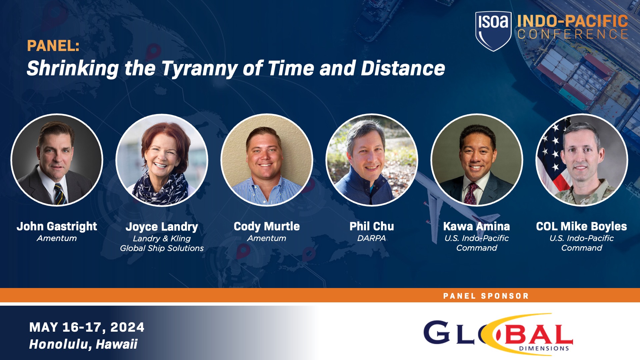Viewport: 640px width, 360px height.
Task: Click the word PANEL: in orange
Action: (53, 46)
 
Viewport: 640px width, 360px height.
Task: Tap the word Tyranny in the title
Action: (199, 69)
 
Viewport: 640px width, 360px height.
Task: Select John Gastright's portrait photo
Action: (57, 160)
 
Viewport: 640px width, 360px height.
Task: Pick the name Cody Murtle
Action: (267, 226)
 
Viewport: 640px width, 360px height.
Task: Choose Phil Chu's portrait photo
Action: (371, 160)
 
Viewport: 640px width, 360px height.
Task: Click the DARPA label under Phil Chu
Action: (371, 238)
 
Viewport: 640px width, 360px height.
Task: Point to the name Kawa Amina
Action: (476, 226)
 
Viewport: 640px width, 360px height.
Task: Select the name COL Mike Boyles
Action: (581, 226)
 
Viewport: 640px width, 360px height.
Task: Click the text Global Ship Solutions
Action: (162, 248)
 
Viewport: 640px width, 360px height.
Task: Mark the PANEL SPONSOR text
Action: (486, 296)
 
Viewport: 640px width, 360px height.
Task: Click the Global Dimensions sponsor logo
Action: (498, 334)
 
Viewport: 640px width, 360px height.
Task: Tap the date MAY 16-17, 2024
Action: (87, 327)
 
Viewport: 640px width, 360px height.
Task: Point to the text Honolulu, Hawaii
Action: (83, 344)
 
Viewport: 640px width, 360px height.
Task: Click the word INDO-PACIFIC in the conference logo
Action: (572, 21)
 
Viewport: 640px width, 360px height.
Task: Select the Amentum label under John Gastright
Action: (57, 238)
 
